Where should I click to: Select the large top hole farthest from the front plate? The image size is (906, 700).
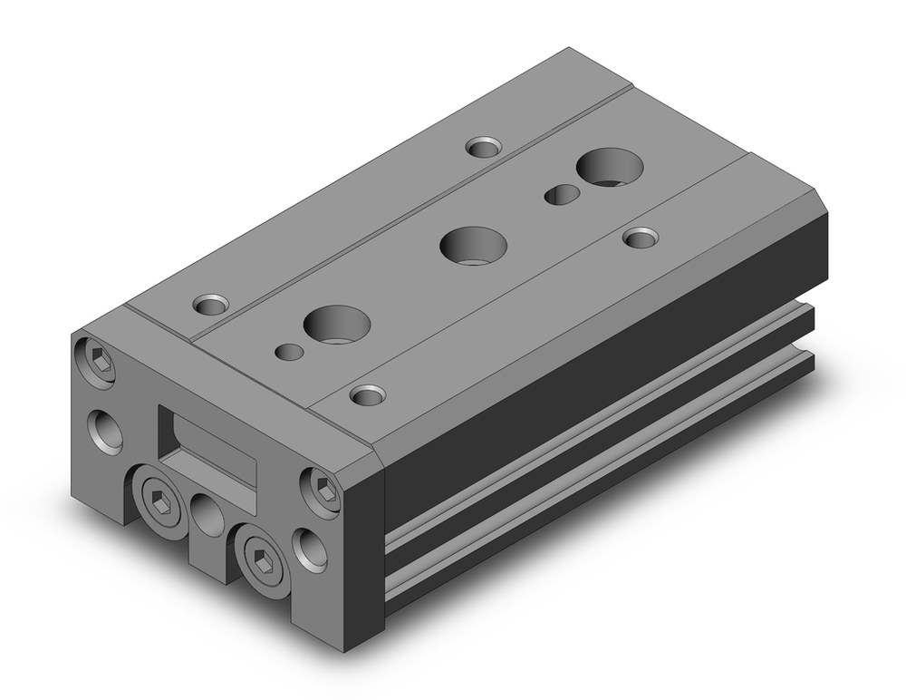click(x=609, y=169)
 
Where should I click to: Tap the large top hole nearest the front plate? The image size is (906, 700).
click(x=337, y=323)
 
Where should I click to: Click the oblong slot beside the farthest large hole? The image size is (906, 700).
click(x=562, y=193)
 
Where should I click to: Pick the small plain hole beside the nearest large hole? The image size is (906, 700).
click(x=288, y=351)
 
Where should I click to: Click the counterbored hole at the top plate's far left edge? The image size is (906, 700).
click(x=483, y=146)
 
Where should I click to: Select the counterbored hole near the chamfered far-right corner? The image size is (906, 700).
click(x=641, y=238)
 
